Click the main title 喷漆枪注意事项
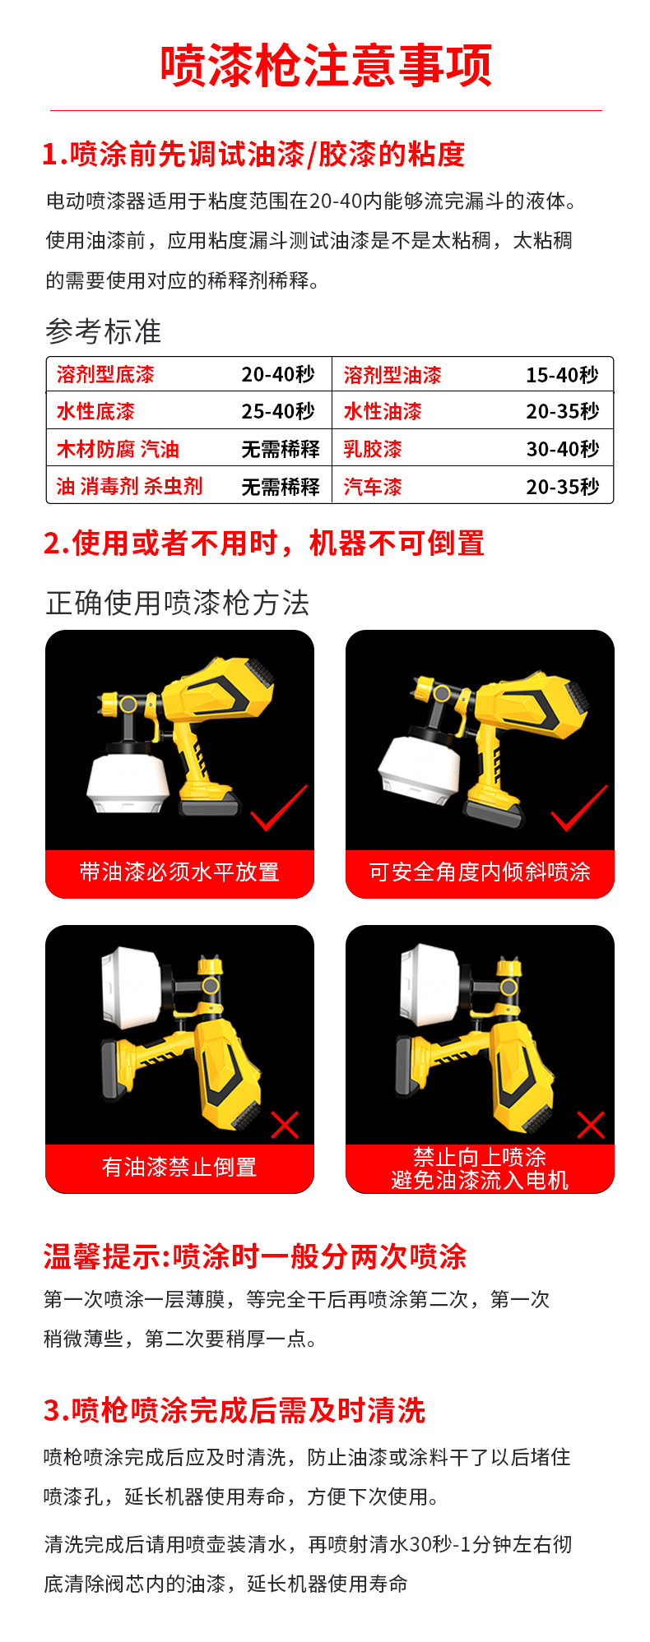326,66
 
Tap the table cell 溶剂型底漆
105,375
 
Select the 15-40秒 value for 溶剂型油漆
563,375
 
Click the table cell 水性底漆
95,412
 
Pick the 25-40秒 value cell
278,412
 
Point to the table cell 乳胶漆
373,450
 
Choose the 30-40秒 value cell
563,450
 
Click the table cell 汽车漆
373,487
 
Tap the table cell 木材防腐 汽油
118,450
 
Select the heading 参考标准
104,331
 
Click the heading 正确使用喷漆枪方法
178,603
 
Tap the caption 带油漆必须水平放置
179,872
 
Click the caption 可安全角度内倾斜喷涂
480,872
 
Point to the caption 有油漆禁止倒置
179,1167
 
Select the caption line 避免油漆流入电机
480,1180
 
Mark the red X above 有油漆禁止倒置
285,1125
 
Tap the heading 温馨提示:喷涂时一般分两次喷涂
255,1256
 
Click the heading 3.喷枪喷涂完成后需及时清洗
234,1410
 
